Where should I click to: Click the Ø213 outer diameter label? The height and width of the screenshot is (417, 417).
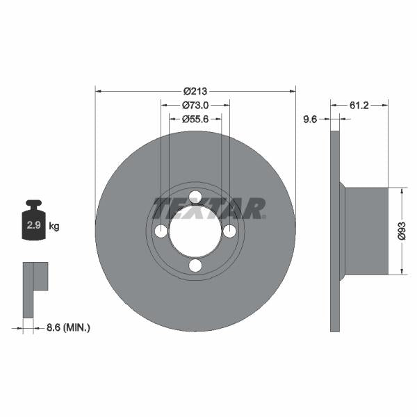tap(195, 91)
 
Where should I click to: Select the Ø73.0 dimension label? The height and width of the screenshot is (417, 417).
tap(195, 106)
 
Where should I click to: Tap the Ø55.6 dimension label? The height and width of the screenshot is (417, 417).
tap(195, 119)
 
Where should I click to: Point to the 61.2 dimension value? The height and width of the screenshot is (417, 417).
tap(359, 105)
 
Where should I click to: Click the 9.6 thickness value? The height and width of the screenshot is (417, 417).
tap(310, 120)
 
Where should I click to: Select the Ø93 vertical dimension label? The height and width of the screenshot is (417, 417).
tap(402, 231)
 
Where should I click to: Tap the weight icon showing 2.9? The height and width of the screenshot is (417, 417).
tap(33, 223)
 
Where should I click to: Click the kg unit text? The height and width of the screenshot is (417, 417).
tap(54, 227)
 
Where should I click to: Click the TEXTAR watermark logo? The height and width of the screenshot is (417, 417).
tap(208, 208)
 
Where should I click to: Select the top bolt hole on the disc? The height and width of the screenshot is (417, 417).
tap(195, 197)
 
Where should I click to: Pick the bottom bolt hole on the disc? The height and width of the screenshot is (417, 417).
tap(195, 265)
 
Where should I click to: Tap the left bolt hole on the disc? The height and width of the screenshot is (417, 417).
tap(161, 231)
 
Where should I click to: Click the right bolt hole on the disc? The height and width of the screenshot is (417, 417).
tap(229, 231)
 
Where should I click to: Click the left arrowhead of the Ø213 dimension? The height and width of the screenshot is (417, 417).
tap(98, 91)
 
